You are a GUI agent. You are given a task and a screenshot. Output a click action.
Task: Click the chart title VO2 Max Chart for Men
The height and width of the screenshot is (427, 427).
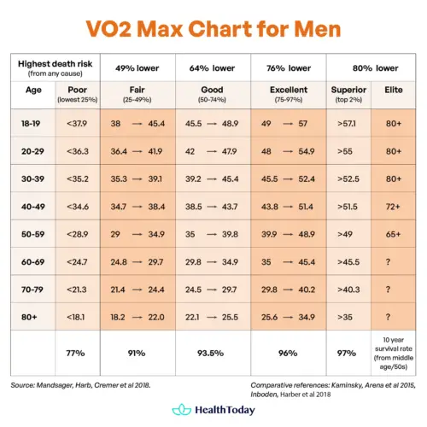click(213, 30)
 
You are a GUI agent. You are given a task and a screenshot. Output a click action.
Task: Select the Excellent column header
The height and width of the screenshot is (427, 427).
click(289, 89)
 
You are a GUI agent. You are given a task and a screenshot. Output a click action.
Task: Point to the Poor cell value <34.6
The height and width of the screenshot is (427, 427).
click(76, 207)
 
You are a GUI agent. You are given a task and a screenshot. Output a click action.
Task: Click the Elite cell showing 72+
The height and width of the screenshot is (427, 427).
click(394, 207)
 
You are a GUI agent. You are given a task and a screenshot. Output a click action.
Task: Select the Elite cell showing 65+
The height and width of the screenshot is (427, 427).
click(394, 234)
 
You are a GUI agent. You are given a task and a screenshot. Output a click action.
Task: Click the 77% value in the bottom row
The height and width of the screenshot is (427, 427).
click(76, 351)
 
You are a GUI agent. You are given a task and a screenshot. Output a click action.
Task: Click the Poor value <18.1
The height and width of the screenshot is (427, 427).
click(76, 318)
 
